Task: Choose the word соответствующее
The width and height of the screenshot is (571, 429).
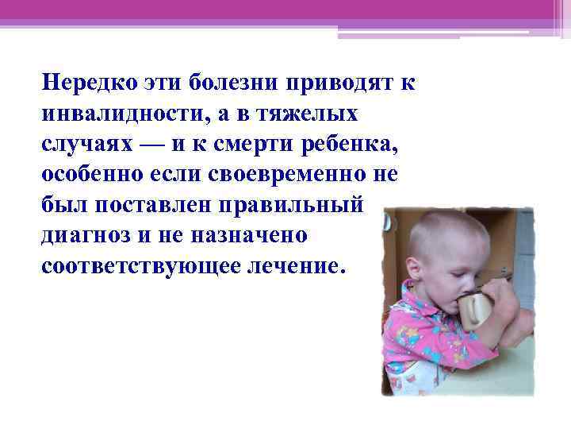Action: coord(132,269)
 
